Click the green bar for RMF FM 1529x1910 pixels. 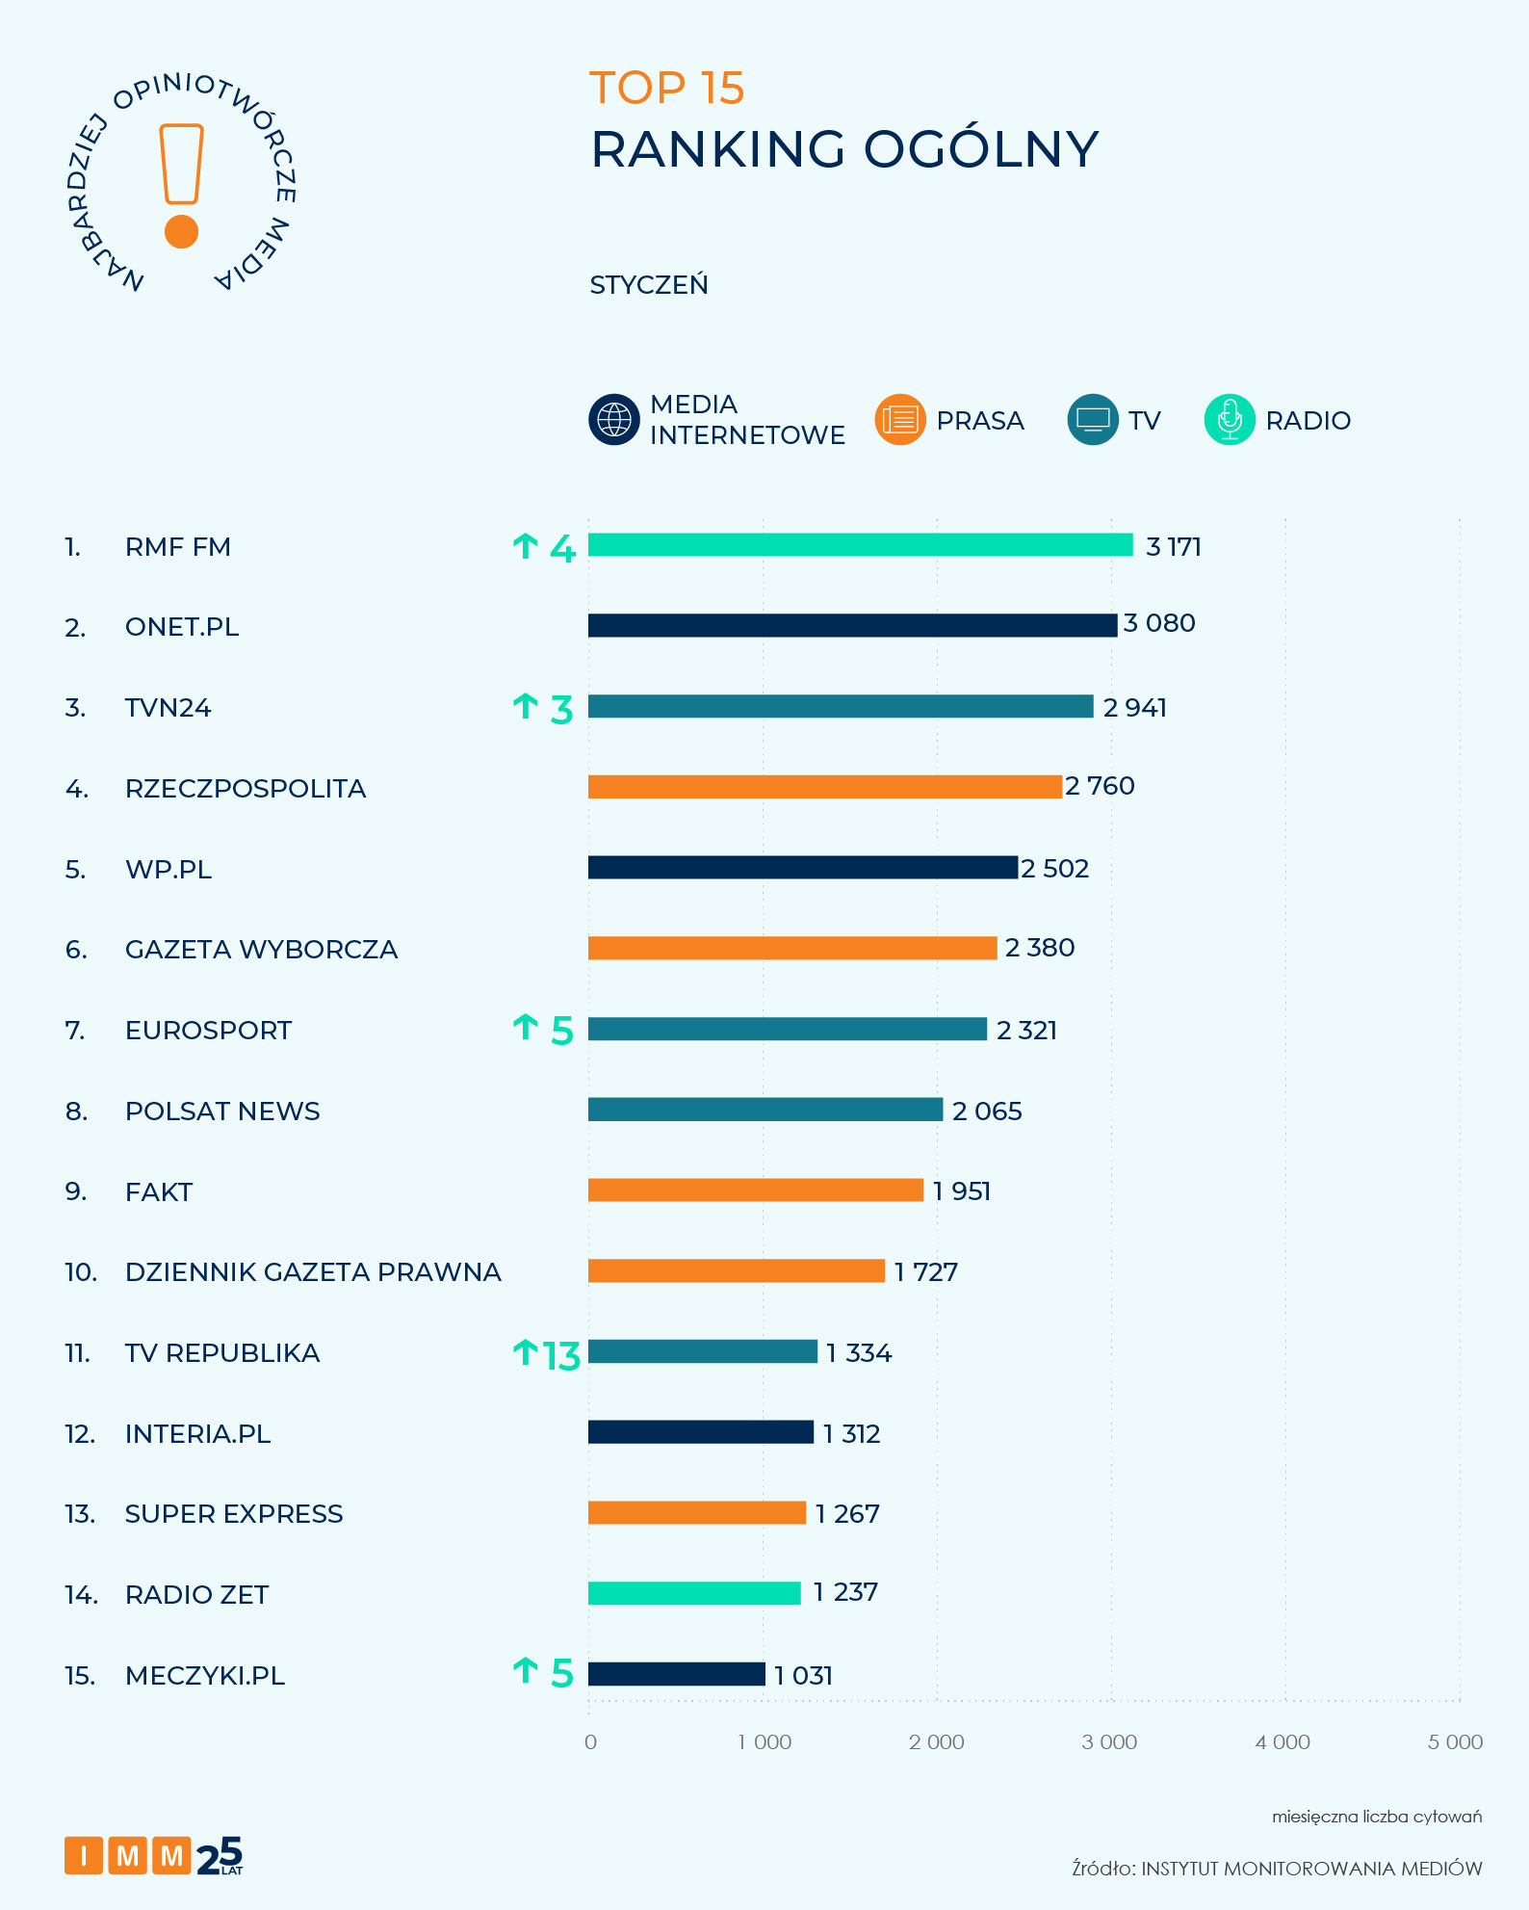click(x=860, y=545)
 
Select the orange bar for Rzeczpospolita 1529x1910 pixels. click(x=824, y=787)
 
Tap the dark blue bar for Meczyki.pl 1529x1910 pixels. click(x=676, y=1674)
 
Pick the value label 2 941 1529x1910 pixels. click(x=1134, y=708)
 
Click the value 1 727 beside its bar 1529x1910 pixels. click(x=925, y=1272)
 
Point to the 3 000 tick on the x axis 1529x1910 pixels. click(x=1109, y=1741)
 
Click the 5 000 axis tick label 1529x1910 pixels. click(x=1455, y=1741)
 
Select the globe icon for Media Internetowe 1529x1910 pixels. click(x=614, y=420)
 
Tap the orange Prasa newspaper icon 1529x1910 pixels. click(x=900, y=420)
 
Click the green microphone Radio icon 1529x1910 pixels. click(x=1230, y=420)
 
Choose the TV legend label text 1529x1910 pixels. click(x=1145, y=421)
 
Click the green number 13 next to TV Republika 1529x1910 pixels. click(x=561, y=1356)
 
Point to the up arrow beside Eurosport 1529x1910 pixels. click(x=525, y=1027)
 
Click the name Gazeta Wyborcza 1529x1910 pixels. click(x=261, y=950)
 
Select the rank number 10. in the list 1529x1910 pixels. click(x=81, y=1272)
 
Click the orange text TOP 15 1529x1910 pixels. click(x=666, y=89)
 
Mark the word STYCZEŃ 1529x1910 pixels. click(x=648, y=285)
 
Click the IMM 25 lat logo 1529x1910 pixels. click(x=154, y=1855)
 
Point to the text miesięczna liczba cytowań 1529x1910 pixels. click(x=1376, y=1817)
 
